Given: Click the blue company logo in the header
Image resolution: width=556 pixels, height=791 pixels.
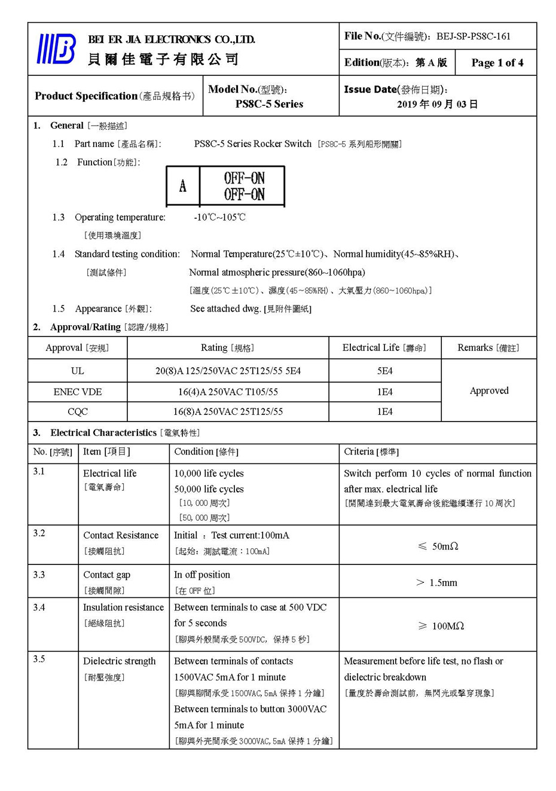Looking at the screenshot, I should pyautogui.click(x=57, y=48).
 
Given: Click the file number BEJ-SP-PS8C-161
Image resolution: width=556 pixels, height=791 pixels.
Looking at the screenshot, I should pyautogui.click(x=473, y=36).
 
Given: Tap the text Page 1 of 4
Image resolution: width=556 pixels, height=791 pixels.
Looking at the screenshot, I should pyautogui.click(x=497, y=63).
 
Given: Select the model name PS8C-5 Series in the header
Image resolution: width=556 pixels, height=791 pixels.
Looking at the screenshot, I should pyautogui.click(x=269, y=104).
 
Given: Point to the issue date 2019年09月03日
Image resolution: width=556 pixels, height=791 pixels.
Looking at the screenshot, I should pyautogui.click(x=437, y=104).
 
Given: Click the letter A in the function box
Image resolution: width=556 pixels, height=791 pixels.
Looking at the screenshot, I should pyautogui.click(x=183, y=186).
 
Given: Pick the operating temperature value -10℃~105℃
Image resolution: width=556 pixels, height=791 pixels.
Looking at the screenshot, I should pyautogui.click(x=219, y=217).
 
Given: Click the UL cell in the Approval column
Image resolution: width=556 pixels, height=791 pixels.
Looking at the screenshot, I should pyautogui.click(x=78, y=371).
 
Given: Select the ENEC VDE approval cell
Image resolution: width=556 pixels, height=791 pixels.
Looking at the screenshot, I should pyautogui.click(x=78, y=392).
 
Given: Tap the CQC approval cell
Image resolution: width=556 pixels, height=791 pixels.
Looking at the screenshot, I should pyautogui.click(x=78, y=411).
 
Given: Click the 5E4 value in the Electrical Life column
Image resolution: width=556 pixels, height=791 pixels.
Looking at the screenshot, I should pyautogui.click(x=384, y=371).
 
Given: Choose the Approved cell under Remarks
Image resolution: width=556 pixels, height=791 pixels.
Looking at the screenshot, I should pyautogui.click(x=489, y=390).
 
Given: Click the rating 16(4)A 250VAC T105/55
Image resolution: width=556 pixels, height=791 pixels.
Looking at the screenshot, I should pyautogui.click(x=228, y=392).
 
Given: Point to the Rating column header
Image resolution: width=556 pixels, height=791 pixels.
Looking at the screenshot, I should pyautogui.click(x=227, y=348).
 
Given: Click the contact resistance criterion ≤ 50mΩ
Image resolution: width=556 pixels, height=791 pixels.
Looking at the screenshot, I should pyautogui.click(x=438, y=546).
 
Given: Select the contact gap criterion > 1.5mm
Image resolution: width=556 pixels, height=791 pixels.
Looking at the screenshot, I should pyautogui.click(x=437, y=582).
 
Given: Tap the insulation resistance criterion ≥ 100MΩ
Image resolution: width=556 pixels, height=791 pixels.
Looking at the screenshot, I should pyautogui.click(x=441, y=625).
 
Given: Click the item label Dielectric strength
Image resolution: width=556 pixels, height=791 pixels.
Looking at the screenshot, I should pyautogui.click(x=119, y=661).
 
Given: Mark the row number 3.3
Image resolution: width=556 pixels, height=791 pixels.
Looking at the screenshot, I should pyautogui.click(x=39, y=575).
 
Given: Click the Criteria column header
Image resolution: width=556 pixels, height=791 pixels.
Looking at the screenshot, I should pyautogui.click(x=371, y=452).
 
